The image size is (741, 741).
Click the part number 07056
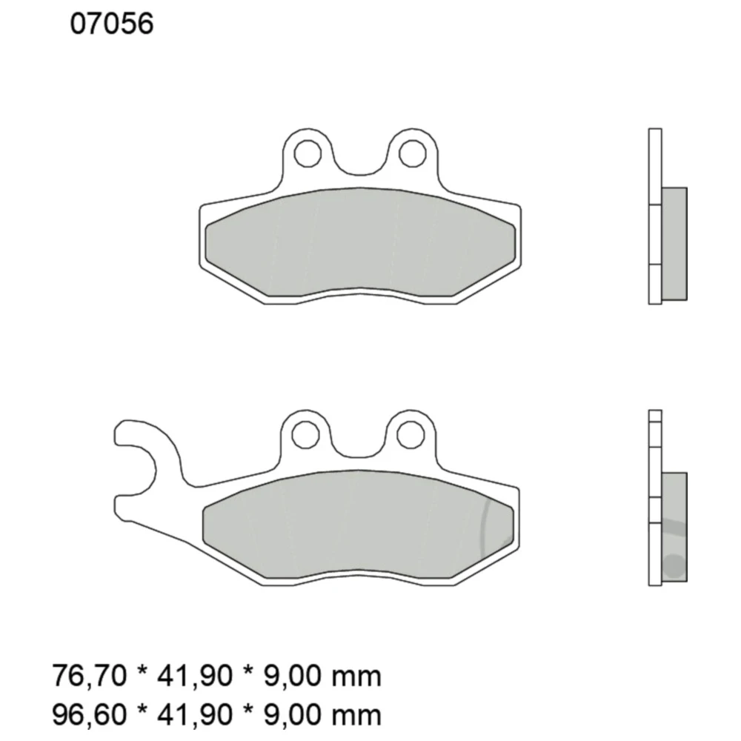click(x=111, y=25)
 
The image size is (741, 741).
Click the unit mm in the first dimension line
click(x=356, y=677)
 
